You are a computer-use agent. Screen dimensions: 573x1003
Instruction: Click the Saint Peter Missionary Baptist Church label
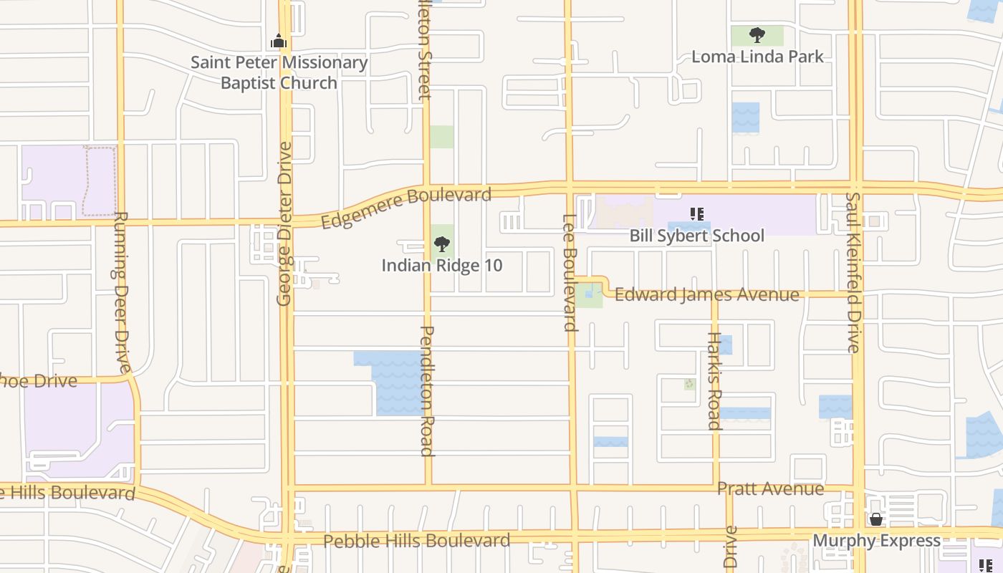click(279, 72)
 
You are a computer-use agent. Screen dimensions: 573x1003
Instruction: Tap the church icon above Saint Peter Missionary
click(279, 42)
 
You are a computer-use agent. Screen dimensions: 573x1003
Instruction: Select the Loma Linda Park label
click(757, 57)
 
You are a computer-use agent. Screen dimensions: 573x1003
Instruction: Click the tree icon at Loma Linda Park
click(757, 34)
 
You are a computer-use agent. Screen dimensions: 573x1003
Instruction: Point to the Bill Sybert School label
click(696, 236)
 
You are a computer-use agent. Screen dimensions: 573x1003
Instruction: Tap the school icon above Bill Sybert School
click(696, 213)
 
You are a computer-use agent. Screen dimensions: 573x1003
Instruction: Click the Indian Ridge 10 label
click(442, 266)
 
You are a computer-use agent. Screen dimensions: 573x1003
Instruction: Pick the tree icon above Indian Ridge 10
click(442, 244)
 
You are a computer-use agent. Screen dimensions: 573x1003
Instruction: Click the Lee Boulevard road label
click(570, 273)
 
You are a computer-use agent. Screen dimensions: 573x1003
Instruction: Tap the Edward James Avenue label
click(706, 295)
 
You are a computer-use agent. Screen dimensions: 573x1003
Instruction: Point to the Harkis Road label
click(714, 380)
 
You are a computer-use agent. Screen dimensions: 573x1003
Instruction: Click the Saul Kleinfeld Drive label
click(853, 272)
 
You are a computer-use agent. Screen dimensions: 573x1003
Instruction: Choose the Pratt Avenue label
click(770, 489)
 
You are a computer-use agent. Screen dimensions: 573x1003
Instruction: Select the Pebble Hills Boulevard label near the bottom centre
click(416, 541)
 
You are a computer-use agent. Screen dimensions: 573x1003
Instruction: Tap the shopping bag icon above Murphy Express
click(875, 519)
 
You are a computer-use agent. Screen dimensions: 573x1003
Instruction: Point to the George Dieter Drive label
click(285, 223)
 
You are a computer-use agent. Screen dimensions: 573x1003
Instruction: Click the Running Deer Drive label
click(121, 292)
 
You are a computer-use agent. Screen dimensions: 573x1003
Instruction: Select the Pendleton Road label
click(427, 390)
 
